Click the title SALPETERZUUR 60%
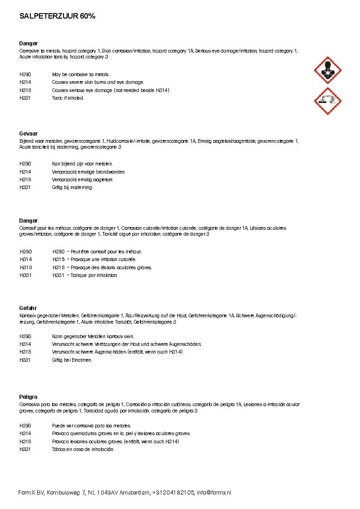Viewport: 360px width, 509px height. tap(57, 16)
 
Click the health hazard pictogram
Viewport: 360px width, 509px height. tap(328, 70)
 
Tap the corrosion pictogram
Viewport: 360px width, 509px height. tap(328, 101)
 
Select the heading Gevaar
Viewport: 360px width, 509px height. tap(28, 133)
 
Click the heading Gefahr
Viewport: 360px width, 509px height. tap(28, 308)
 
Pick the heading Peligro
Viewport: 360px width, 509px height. tap(28, 397)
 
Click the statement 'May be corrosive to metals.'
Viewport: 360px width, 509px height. tap(81, 74)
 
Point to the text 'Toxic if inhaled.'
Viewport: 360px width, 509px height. tap(68, 98)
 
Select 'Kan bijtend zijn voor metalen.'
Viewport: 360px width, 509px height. tap(82, 164)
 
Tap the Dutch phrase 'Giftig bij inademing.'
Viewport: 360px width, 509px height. tap(72, 187)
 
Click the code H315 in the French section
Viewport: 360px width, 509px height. tap(58, 259)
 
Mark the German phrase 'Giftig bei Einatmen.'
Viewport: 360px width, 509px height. tap(72, 360)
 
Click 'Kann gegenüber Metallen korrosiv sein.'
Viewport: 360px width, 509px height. tap(92, 336)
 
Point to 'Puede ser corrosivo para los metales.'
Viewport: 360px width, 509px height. tap(91, 426)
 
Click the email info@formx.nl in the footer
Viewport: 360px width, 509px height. tap(214, 493)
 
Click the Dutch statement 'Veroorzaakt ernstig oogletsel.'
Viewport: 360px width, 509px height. tap(83, 179)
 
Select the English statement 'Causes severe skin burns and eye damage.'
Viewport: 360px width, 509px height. tap(98, 82)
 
